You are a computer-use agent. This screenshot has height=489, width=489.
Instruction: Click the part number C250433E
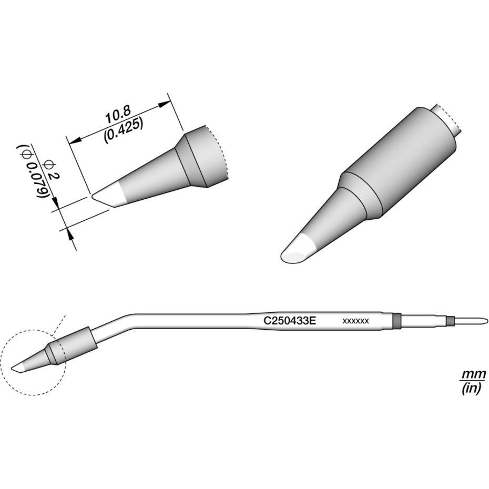pos(290,320)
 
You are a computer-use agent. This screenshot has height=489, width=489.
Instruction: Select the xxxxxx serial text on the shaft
pos(356,321)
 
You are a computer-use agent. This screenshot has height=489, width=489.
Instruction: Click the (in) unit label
pos(472,389)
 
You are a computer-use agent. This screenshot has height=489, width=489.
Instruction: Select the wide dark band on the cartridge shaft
pos(396,320)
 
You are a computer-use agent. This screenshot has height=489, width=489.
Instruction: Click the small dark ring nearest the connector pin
pos(450,320)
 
